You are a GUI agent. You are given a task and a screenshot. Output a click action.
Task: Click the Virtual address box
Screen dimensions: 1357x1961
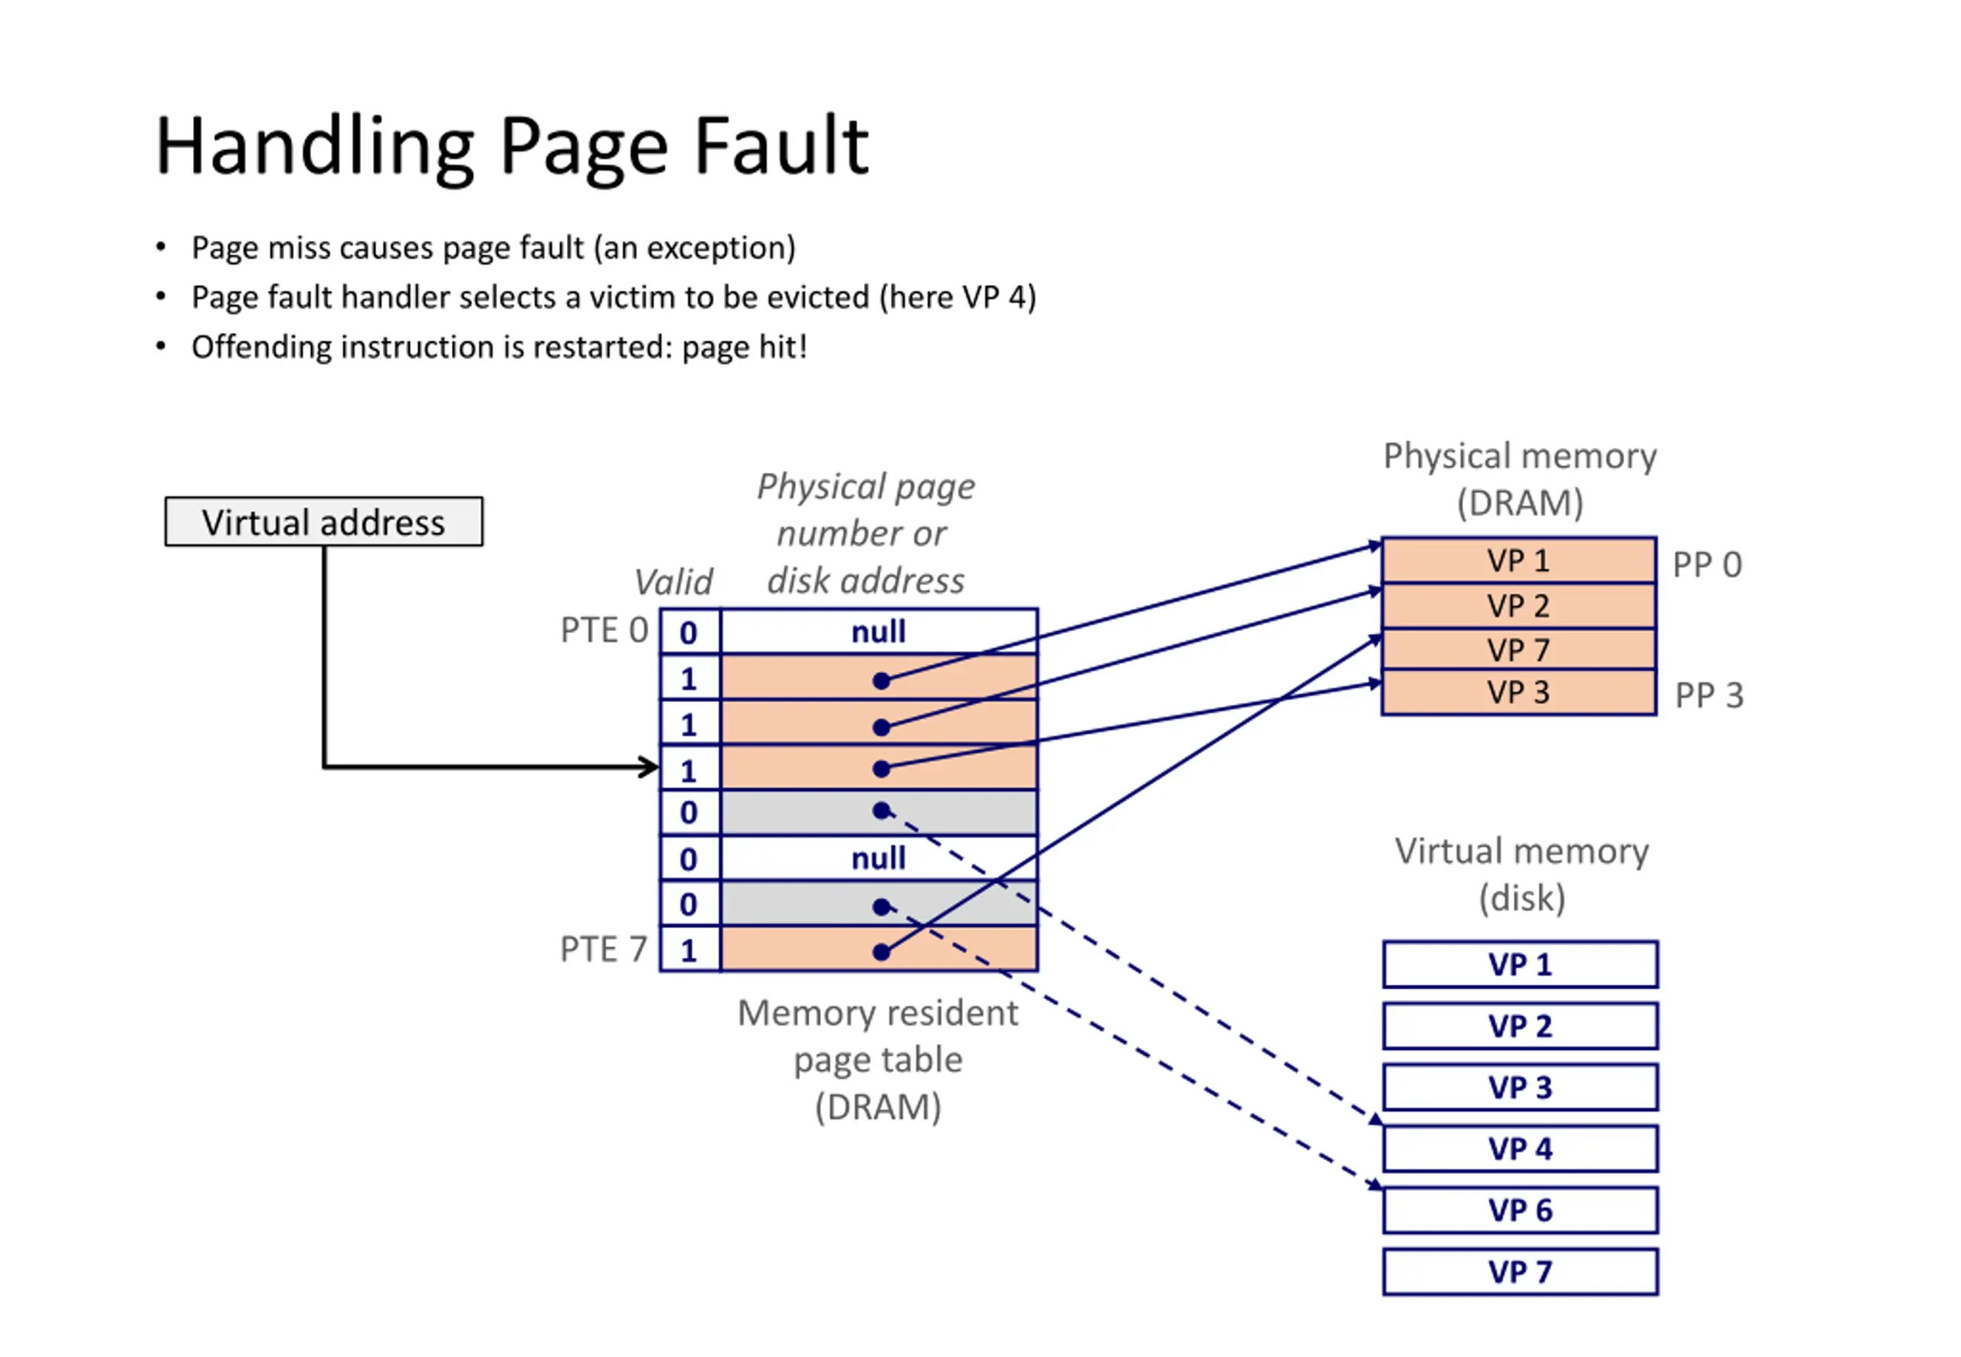pos(323,522)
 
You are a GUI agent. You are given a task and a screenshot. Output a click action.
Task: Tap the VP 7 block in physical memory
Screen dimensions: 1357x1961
pos(1518,649)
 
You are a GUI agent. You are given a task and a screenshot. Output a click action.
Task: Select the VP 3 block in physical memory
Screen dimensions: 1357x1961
pos(1518,692)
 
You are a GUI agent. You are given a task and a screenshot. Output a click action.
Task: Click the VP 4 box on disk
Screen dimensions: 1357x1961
pos(1520,1149)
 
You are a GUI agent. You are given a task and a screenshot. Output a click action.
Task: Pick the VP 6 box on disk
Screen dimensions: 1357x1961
pos(1520,1210)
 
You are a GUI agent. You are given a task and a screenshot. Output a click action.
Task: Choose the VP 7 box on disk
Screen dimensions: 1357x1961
pos(1520,1272)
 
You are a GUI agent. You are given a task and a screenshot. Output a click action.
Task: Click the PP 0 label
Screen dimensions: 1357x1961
pos(1707,564)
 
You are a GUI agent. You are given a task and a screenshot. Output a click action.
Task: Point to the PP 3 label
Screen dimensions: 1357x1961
pos(1708,695)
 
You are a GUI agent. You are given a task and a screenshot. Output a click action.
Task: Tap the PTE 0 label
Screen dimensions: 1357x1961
pos(604,630)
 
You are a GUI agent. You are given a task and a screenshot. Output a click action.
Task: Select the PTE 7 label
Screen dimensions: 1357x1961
pos(603,949)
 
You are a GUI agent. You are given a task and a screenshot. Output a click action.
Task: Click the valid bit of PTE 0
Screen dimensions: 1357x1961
pos(689,632)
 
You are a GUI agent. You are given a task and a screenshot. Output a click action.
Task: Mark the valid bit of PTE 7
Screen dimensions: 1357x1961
pos(689,950)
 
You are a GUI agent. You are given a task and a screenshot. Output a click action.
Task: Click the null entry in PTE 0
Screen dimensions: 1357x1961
pos(879,632)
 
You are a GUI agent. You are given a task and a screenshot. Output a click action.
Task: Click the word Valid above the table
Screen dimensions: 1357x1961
pos(673,583)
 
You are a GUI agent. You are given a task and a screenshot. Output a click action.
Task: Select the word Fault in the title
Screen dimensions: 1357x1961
pos(781,146)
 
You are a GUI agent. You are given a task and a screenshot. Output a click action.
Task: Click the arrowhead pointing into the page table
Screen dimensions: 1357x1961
pos(650,767)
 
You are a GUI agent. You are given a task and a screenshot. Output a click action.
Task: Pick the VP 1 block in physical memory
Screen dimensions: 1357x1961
pos(1518,561)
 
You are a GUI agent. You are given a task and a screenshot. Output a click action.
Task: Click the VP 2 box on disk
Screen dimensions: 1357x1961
pos(1520,1026)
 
